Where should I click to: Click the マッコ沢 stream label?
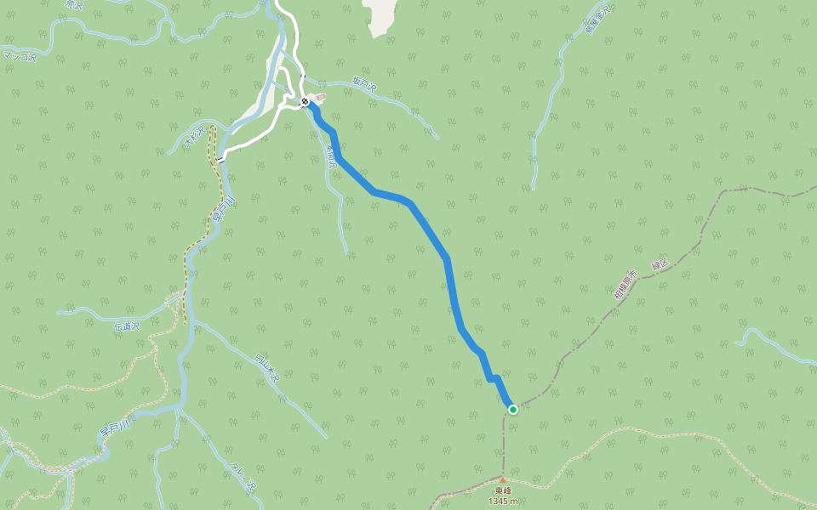tap(20, 56)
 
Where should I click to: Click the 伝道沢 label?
tap(125, 325)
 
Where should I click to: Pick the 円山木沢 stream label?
tap(267, 368)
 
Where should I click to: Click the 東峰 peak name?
tap(502, 490)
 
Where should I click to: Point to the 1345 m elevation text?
tap(502, 501)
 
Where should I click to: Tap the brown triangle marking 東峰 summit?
tap(502, 479)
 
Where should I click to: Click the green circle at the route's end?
tap(513, 410)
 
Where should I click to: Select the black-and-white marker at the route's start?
tap(305, 102)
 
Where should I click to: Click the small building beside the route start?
tap(320, 98)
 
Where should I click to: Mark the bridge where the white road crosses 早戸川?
tap(220, 159)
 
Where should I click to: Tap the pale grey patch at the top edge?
tap(380, 15)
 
